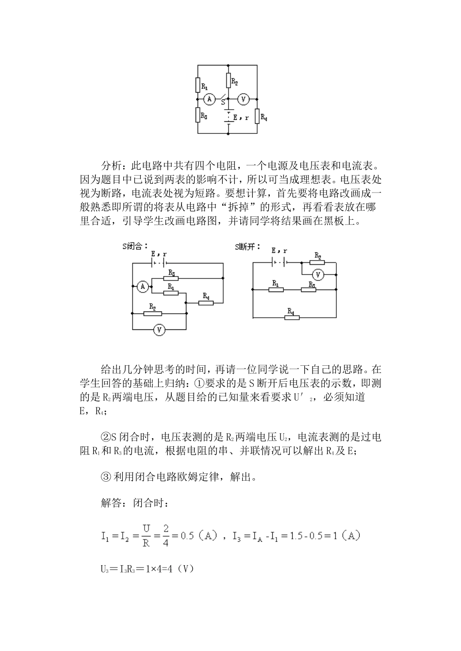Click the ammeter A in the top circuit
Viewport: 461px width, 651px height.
tap(209, 99)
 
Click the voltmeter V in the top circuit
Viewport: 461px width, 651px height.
tap(244, 99)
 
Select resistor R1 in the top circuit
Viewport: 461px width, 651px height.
tap(198, 85)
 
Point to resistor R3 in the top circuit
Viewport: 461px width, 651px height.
tap(198, 114)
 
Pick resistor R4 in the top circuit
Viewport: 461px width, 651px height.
tap(257, 116)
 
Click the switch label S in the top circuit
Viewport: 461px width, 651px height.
tap(223, 102)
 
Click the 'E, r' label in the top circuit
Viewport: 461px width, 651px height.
tap(241, 117)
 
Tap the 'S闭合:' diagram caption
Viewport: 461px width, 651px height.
tap(135, 246)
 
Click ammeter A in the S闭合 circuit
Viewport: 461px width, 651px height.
tap(143, 287)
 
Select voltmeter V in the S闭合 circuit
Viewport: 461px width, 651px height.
tap(159, 329)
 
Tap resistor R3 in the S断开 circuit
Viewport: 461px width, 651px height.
tap(309, 289)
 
